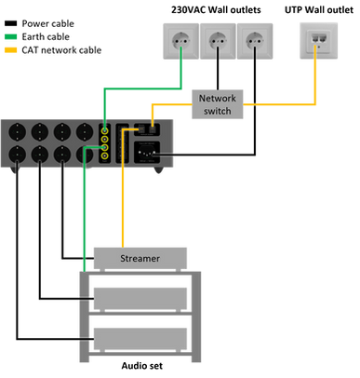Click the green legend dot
pyautogui.click(x=10, y=36)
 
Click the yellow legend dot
pyautogui.click(x=10, y=50)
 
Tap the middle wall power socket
pyautogui.click(x=218, y=41)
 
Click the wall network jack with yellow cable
pyautogui.click(x=315, y=41)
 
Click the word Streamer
pyautogui.click(x=140, y=258)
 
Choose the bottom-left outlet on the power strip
pyautogui.click(x=18, y=155)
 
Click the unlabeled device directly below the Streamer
pyautogui.click(x=140, y=296)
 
